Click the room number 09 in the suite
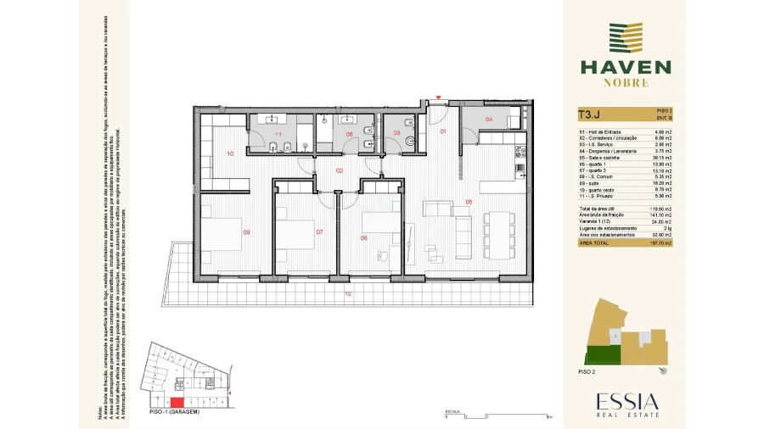[247, 232]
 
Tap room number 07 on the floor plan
[319, 232]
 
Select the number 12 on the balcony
[347, 294]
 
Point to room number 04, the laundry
[488, 120]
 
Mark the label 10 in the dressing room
[229, 153]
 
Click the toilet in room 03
[409, 141]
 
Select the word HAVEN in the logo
[625, 67]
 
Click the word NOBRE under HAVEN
[626, 83]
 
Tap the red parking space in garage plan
[177, 403]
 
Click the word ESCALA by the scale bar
[452, 410]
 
